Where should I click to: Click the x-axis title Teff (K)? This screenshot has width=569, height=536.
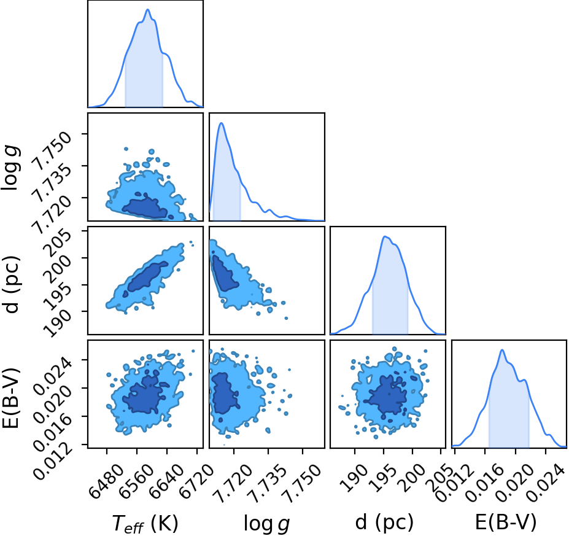145,524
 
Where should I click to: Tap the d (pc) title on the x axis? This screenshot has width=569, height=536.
384,522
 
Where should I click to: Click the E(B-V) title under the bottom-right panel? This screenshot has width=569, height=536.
506,522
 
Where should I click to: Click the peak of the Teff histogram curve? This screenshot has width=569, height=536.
148,9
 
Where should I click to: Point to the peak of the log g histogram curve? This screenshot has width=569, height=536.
221,123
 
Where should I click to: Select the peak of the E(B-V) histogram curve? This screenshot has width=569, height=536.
502,350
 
